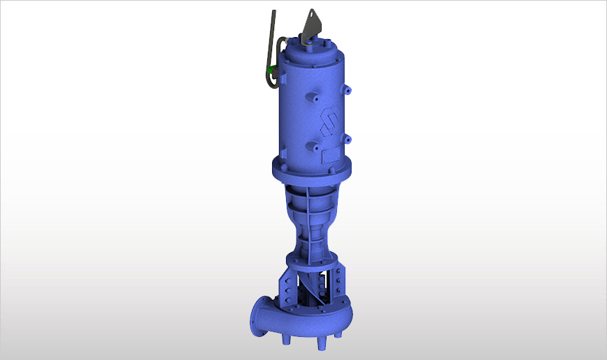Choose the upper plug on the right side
click(x=349, y=89)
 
